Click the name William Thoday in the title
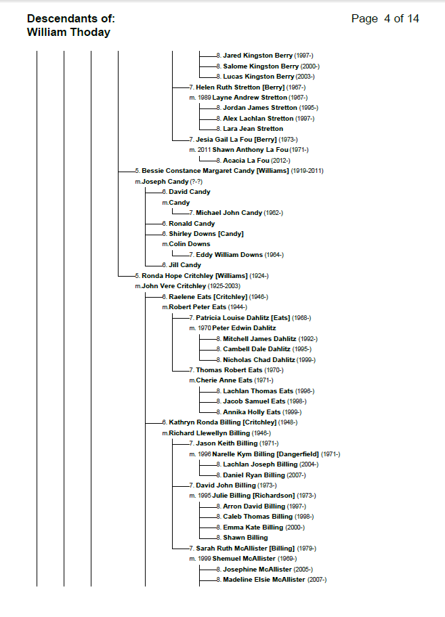(68, 32)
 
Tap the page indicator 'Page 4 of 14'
(385, 18)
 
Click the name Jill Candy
(185, 265)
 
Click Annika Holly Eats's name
(251, 412)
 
